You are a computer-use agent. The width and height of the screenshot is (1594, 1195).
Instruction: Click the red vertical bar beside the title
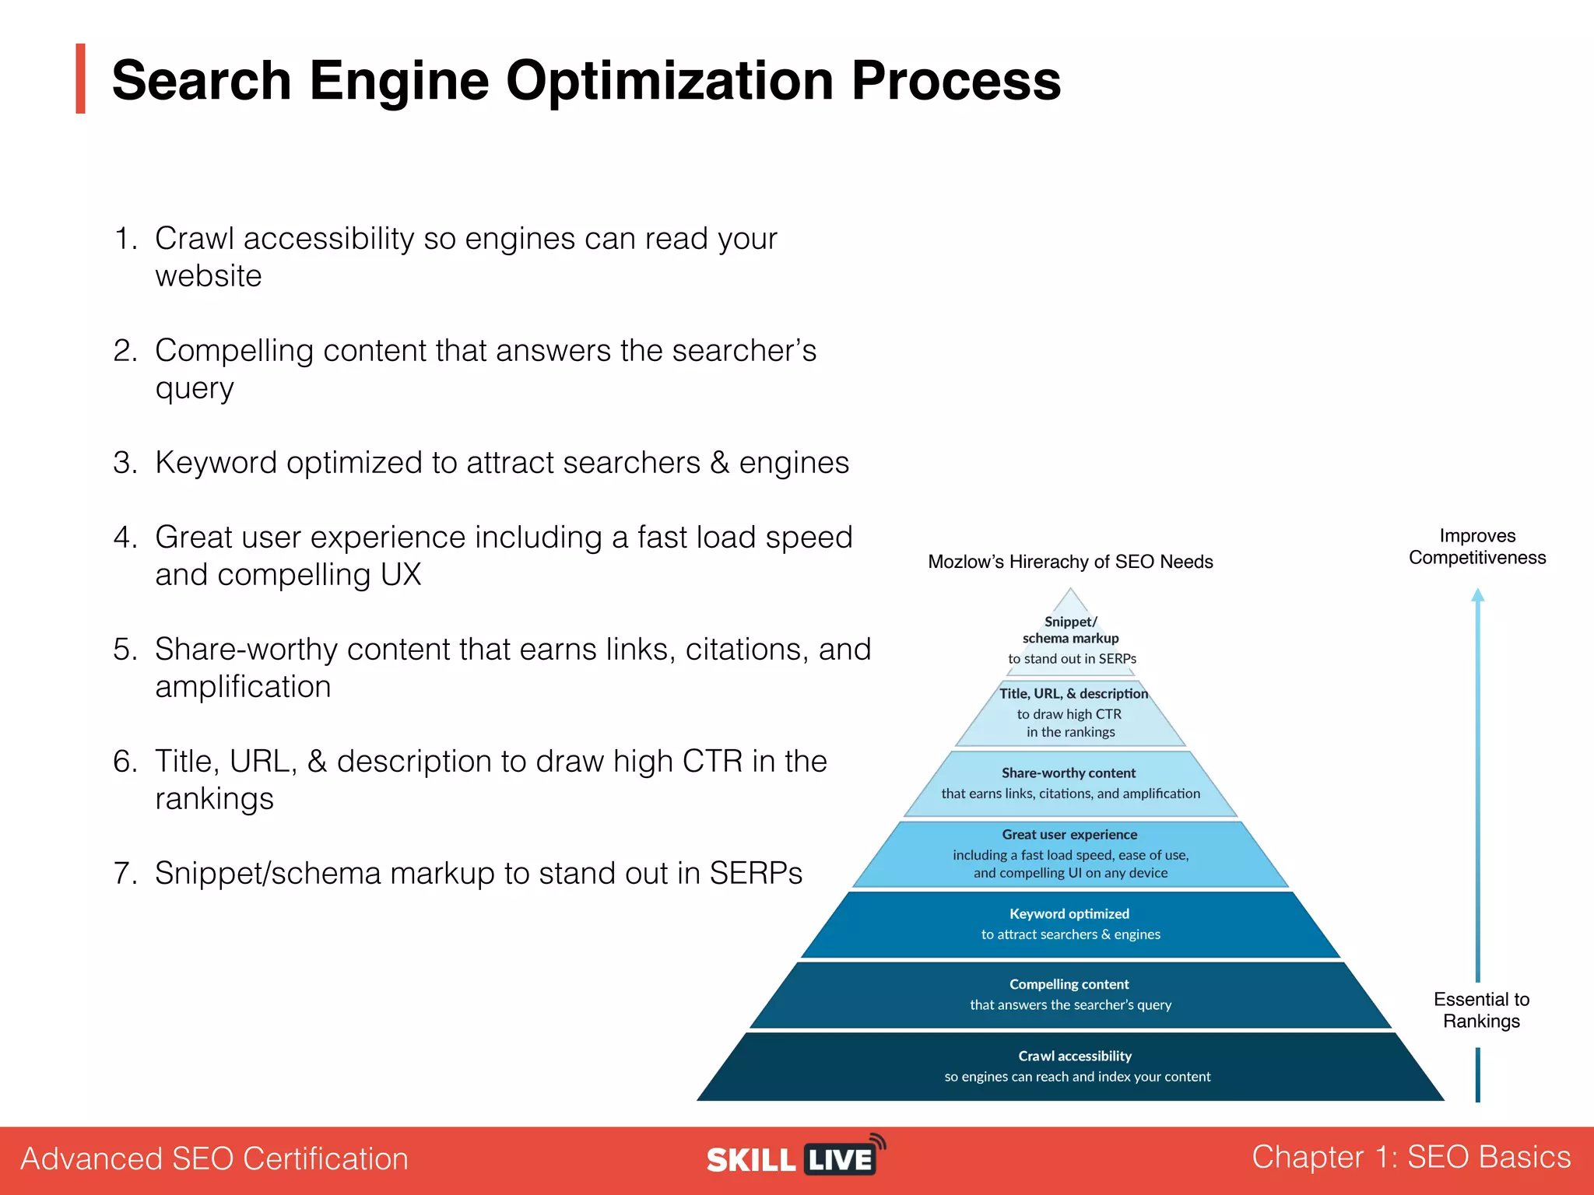coord(80,79)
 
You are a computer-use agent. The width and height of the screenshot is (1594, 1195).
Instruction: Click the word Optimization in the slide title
coord(670,81)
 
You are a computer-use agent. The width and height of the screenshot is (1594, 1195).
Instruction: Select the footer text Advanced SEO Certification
coord(214,1158)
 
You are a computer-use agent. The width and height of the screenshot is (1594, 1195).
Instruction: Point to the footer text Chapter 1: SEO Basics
coord(1410,1157)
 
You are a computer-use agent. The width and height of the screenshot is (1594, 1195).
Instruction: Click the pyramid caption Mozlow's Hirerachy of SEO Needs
coord(1070,562)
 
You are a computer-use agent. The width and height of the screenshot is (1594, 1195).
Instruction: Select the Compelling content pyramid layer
coord(1070,994)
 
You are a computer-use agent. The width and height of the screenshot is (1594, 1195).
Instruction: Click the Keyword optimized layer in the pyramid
coord(1070,924)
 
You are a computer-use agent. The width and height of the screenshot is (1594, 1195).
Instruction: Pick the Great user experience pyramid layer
coord(1070,853)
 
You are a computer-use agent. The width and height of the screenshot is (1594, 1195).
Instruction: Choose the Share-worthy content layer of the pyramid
coord(1070,783)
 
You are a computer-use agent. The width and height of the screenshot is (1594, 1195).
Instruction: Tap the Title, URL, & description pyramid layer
coord(1071,713)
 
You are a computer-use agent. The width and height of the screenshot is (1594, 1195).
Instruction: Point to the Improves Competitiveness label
coord(1476,546)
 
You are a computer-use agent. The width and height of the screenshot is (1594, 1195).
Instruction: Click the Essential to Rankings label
coord(1481,1010)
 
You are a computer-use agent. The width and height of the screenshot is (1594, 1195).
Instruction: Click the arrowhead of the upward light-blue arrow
coord(1477,596)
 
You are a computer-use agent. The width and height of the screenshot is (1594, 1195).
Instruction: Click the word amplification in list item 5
coord(243,687)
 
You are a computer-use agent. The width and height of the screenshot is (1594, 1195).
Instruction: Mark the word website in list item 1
coord(208,276)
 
